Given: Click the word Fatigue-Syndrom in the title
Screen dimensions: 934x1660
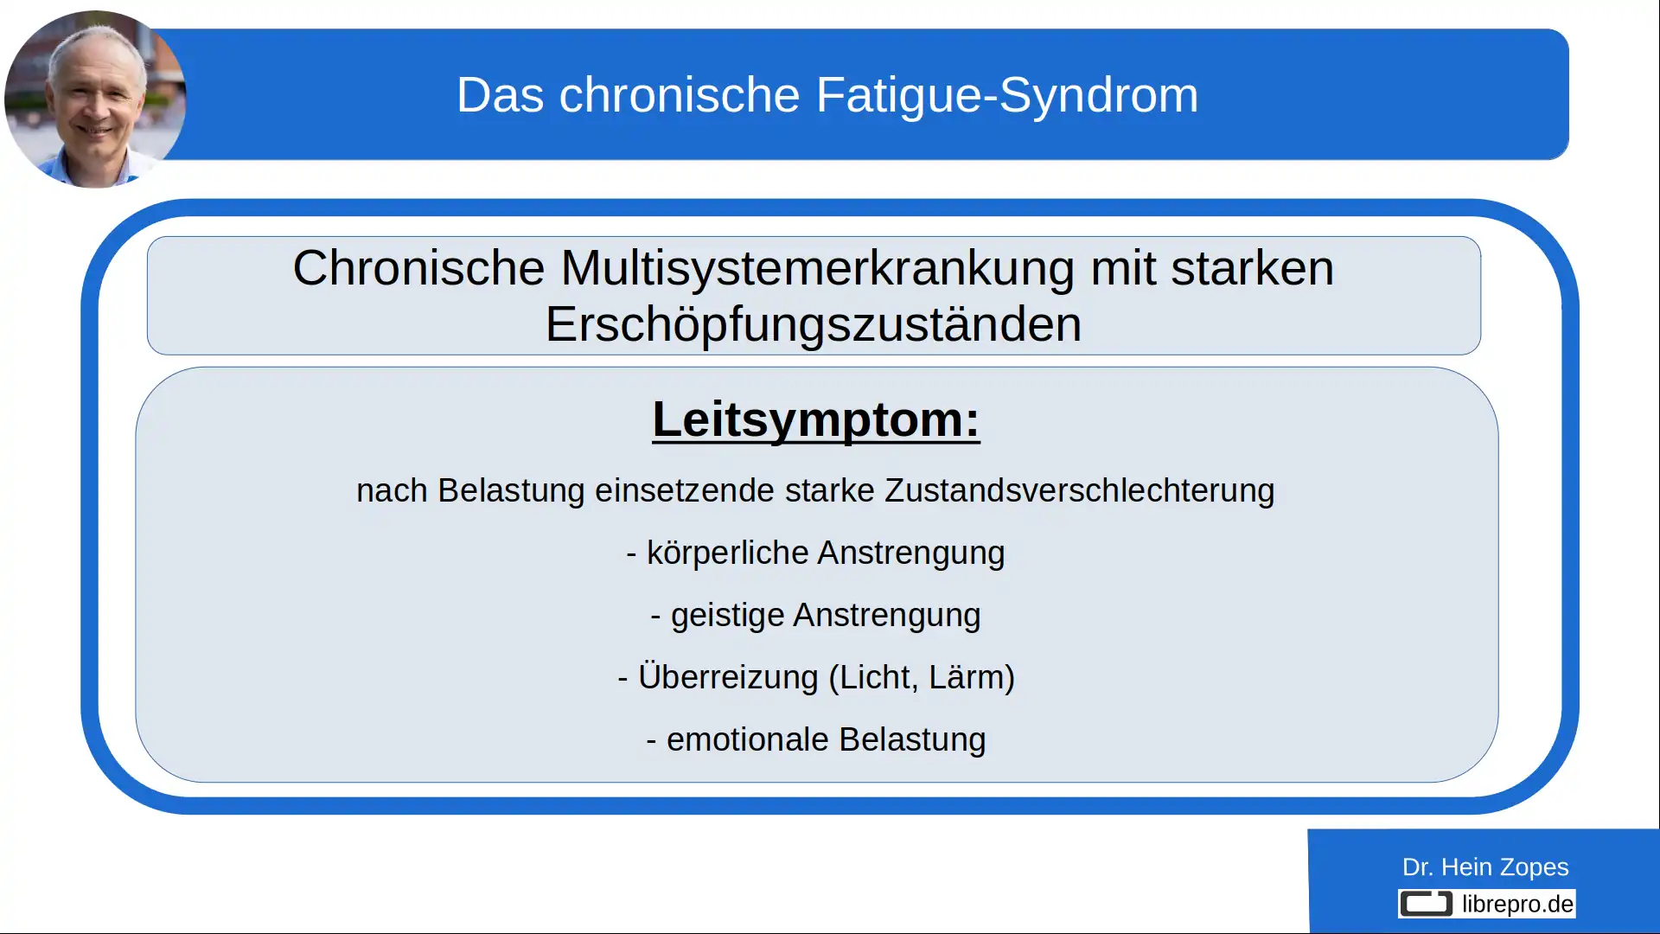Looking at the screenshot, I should click(x=1006, y=95).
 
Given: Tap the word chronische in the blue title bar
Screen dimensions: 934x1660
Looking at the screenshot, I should click(x=679, y=95).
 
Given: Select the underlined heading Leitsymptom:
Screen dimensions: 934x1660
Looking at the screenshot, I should click(x=815, y=420).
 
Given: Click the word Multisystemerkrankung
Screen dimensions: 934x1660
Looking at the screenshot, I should click(x=817, y=268).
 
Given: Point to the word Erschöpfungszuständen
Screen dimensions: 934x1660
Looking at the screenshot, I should click(x=813, y=325).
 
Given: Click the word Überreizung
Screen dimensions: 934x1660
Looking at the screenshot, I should click(x=727, y=678).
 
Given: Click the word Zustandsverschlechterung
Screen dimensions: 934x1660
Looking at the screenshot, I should click(x=1079, y=491).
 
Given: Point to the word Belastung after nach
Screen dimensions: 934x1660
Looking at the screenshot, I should click(x=511, y=491).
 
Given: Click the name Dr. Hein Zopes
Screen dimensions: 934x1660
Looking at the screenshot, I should click(x=1484, y=867).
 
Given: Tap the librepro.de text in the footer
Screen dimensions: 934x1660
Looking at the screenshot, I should click(x=1517, y=905).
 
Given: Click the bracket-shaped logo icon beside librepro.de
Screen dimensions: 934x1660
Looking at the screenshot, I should click(x=1426, y=905).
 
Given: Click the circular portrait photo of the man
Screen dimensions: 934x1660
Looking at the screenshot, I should click(x=94, y=99).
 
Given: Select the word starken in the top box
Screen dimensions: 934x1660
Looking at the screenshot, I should click(x=1252, y=268).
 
